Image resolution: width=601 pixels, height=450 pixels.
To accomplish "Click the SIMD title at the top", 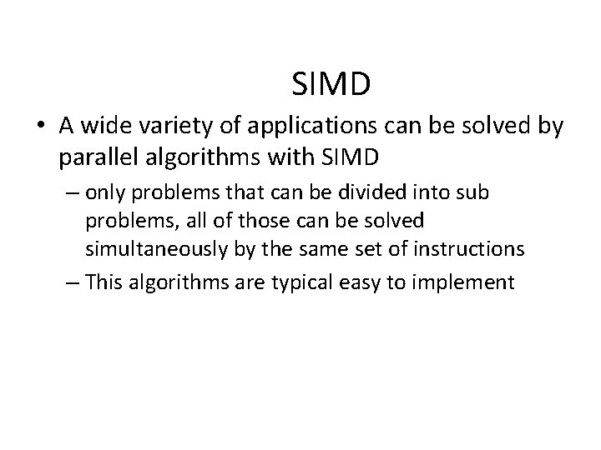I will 332,83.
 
